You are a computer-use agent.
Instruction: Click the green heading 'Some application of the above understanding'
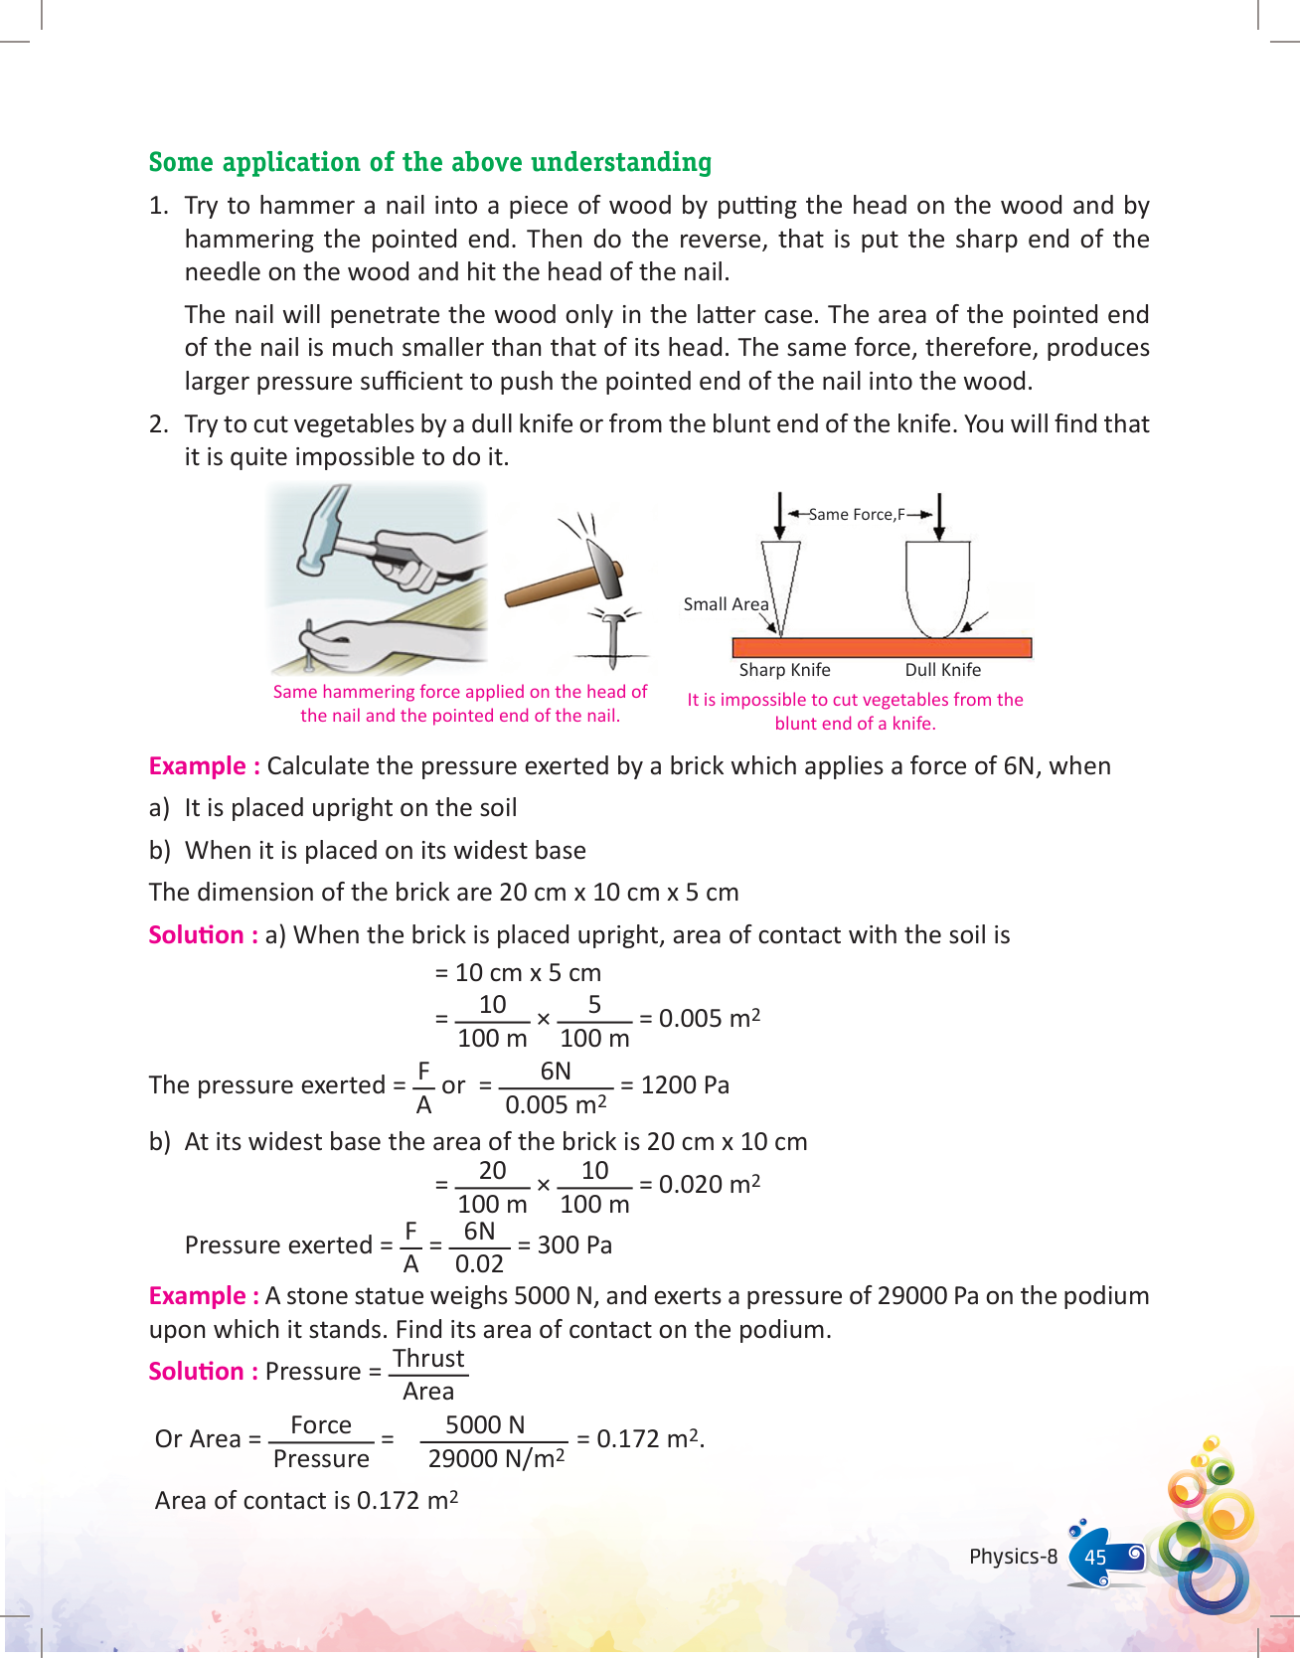(x=429, y=162)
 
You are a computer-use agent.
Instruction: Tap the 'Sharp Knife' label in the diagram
(x=784, y=670)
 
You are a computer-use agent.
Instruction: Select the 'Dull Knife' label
(x=942, y=670)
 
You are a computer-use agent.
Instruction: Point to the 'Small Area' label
(x=726, y=604)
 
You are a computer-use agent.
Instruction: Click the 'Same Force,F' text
(x=856, y=514)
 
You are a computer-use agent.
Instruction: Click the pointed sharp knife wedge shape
(x=780, y=581)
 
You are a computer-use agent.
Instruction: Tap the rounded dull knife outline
(x=936, y=586)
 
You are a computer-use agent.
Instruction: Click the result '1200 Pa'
(x=685, y=1084)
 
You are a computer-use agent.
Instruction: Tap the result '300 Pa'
(x=574, y=1244)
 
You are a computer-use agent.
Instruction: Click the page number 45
(x=1095, y=1558)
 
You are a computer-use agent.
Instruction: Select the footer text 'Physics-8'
(x=1013, y=1557)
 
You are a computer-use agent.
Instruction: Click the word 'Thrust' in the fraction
(x=428, y=1358)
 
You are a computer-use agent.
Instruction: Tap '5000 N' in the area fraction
(x=485, y=1424)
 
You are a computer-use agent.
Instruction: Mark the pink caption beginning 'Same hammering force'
(x=459, y=703)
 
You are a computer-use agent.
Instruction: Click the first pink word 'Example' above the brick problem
(x=197, y=765)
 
